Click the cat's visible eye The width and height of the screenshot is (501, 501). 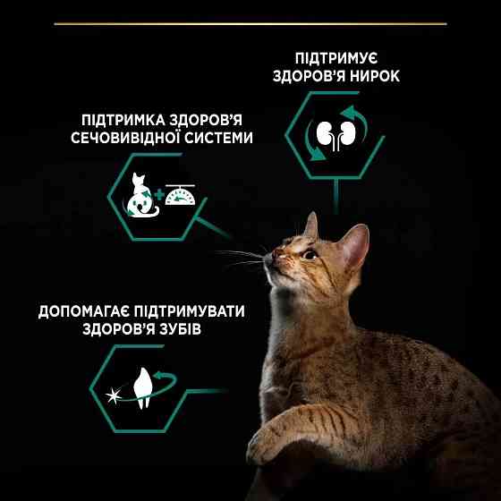(x=308, y=255)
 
